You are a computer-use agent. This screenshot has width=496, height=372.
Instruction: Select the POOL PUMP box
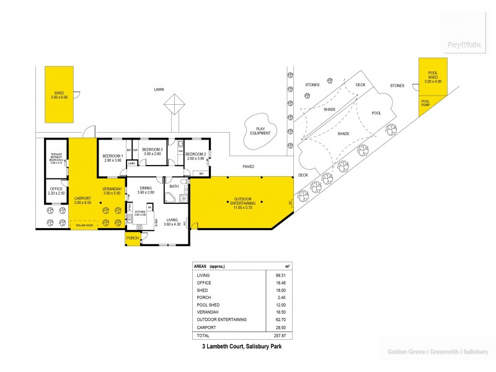tap(426, 104)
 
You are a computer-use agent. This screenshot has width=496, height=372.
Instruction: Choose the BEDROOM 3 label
tap(152, 151)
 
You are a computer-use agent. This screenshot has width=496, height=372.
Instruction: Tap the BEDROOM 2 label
tap(195, 155)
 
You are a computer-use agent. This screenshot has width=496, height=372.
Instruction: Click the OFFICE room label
tap(56, 190)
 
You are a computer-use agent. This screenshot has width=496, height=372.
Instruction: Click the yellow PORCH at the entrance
tap(132, 238)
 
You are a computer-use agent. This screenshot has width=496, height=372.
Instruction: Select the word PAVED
tap(248, 166)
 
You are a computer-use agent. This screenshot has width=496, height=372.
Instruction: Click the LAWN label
tap(159, 89)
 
